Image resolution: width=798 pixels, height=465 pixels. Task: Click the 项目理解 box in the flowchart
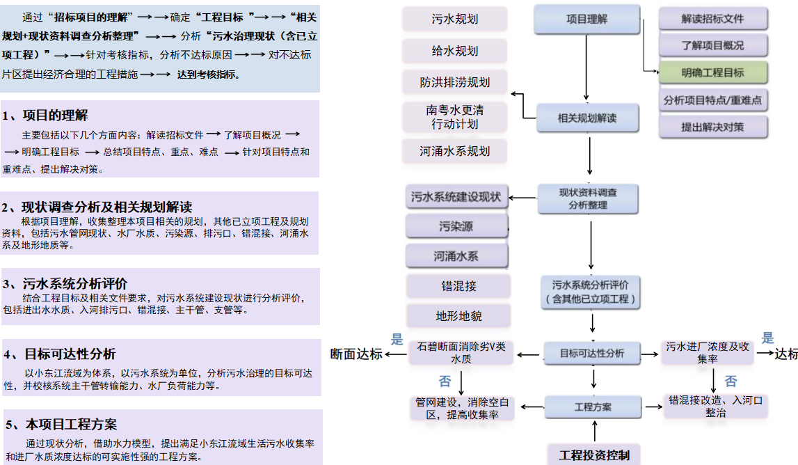[x=586, y=19]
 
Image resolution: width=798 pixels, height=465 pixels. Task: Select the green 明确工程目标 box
[x=712, y=72]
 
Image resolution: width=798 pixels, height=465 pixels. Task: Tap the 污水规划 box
[x=455, y=19]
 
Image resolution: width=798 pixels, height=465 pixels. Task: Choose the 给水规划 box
[x=455, y=50]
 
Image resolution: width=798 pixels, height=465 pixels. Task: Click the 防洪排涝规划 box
[x=455, y=82]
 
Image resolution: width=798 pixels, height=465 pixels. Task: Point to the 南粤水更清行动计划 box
[x=455, y=117]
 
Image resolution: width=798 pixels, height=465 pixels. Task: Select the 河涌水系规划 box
[x=455, y=150]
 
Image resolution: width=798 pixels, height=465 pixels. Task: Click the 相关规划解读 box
[x=587, y=118]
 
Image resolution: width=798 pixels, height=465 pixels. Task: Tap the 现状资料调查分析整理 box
[x=588, y=198]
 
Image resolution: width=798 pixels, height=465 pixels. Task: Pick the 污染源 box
[x=456, y=226]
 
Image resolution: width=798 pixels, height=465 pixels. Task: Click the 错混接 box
[x=458, y=285]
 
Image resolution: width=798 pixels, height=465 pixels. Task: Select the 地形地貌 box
[x=458, y=316]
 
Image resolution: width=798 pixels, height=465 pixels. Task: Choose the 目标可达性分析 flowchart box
[x=592, y=353]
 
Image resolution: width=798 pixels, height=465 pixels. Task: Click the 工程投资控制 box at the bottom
[x=594, y=455]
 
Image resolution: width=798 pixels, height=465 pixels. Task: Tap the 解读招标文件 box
[x=712, y=19]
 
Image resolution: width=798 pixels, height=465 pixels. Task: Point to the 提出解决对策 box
[x=712, y=127]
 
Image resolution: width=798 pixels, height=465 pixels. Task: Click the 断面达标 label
[x=356, y=354]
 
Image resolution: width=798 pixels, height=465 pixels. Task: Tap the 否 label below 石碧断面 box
[x=445, y=381]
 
